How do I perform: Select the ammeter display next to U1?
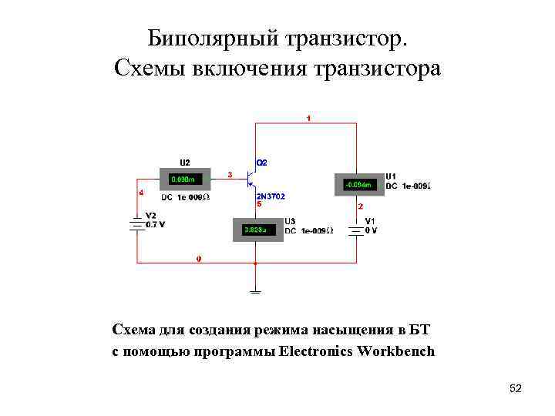(x=359, y=185)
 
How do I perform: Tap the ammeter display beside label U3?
(x=257, y=230)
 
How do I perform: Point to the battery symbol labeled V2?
(x=137, y=224)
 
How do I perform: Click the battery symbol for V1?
(x=356, y=230)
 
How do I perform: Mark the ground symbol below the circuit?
(x=255, y=290)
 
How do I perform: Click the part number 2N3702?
(x=271, y=196)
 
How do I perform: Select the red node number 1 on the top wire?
(x=309, y=118)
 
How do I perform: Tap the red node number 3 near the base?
(x=230, y=175)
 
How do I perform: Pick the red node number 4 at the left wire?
(x=140, y=193)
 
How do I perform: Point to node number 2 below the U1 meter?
(x=360, y=207)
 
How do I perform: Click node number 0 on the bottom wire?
(x=199, y=260)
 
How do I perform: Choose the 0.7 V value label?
(x=155, y=225)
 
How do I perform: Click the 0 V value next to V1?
(x=371, y=230)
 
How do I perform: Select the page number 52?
(x=516, y=389)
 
